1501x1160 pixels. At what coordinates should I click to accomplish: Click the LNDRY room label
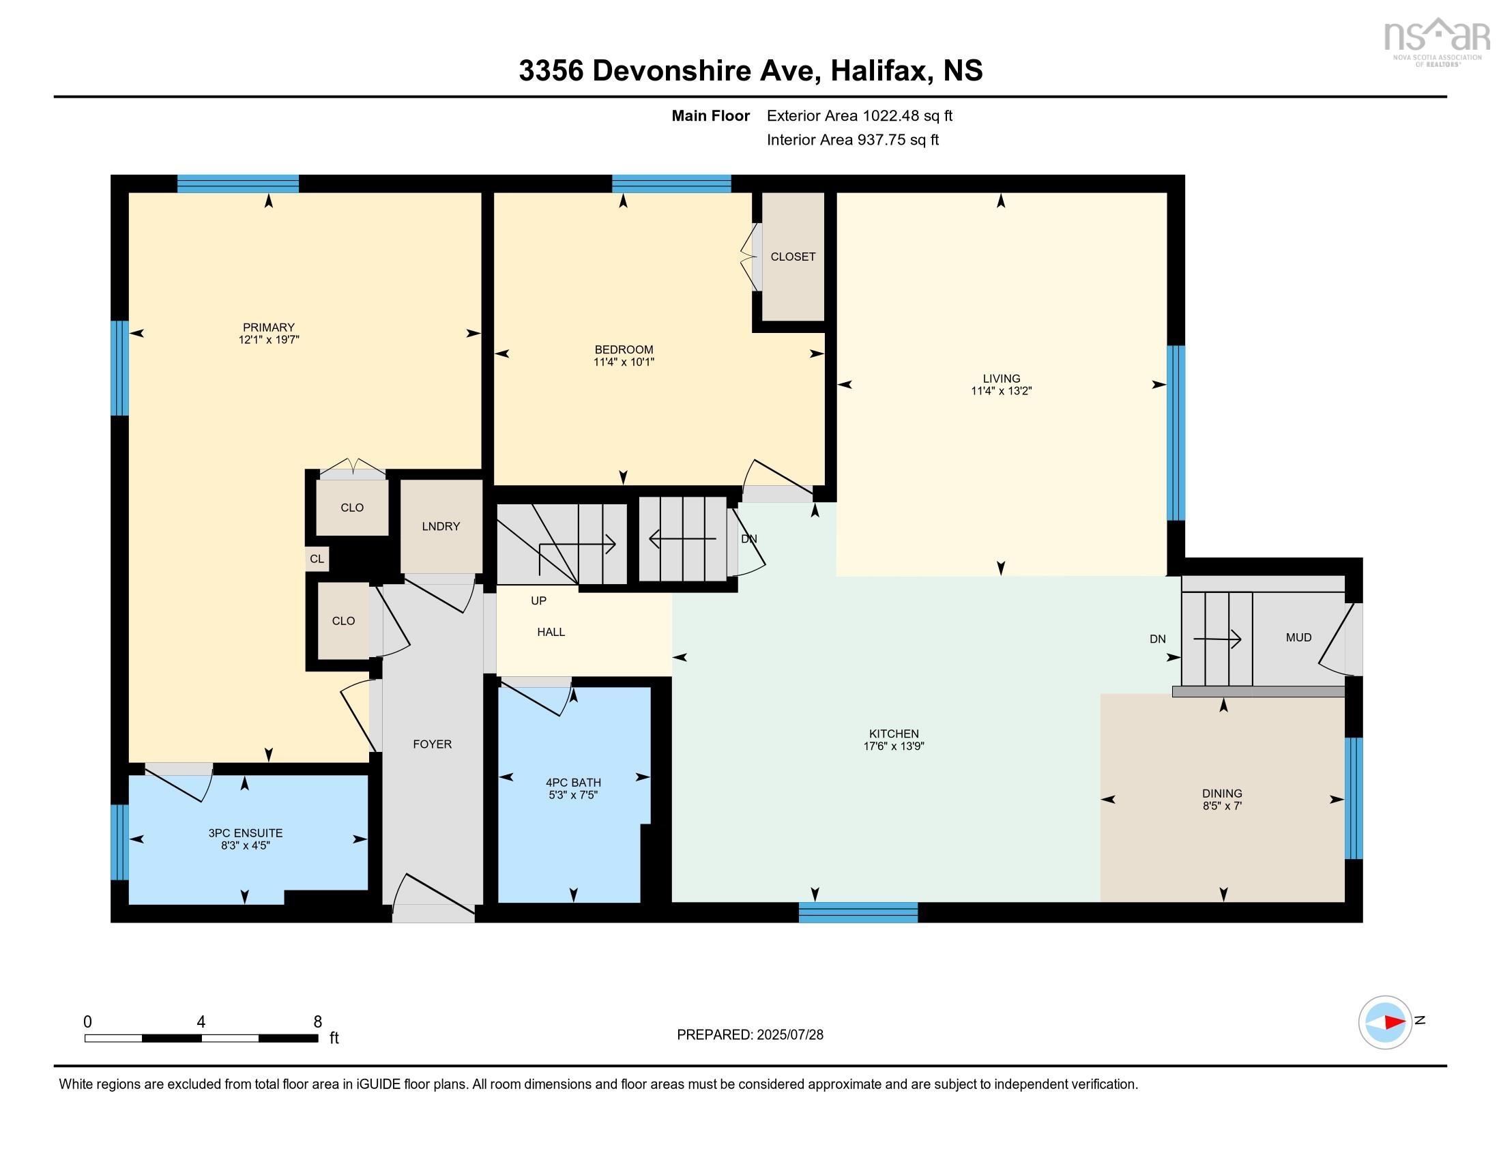[441, 526]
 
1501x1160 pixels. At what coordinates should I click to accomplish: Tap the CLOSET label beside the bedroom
[793, 257]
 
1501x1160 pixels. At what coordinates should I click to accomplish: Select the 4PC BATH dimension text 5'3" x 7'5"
[573, 795]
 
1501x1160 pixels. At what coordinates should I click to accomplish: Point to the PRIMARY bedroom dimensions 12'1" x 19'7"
[269, 340]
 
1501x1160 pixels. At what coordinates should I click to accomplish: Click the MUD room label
[1298, 637]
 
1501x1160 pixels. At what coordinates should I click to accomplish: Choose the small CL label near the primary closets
[317, 559]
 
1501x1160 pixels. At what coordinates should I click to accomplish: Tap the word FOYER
[433, 744]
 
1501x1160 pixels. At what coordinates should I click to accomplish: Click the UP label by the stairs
[538, 600]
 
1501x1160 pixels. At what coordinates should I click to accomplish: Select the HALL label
[551, 632]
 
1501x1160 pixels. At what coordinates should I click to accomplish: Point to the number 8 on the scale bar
[317, 1022]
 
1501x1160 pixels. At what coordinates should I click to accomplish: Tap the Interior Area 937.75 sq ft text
[852, 139]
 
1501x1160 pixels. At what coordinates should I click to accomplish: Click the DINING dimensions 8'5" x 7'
[1222, 805]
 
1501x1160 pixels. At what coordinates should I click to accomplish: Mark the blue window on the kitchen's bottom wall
[858, 912]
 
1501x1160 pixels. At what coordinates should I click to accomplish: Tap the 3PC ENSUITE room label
[246, 833]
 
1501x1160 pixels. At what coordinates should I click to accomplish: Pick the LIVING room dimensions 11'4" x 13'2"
[1002, 390]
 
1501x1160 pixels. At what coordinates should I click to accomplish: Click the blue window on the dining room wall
[1353, 798]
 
